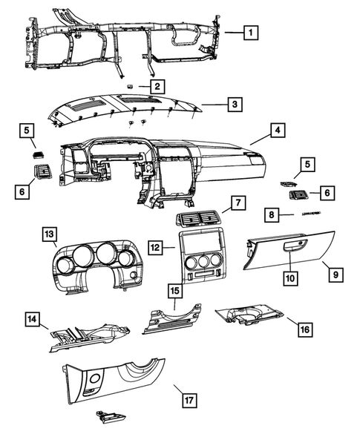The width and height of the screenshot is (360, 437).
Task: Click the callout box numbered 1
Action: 252,32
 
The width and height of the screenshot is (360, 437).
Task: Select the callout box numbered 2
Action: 157,87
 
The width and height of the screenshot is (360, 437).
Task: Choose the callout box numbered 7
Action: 237,202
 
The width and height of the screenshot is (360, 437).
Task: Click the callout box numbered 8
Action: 272,214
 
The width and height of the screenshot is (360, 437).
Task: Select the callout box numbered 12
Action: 154,246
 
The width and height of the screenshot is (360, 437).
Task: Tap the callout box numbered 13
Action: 49,235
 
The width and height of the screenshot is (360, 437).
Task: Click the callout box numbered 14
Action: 32,320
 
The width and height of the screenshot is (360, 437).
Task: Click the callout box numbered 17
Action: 189,401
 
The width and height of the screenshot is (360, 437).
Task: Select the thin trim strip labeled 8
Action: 307,214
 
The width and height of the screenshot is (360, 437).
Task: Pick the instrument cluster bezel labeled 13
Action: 93,263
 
